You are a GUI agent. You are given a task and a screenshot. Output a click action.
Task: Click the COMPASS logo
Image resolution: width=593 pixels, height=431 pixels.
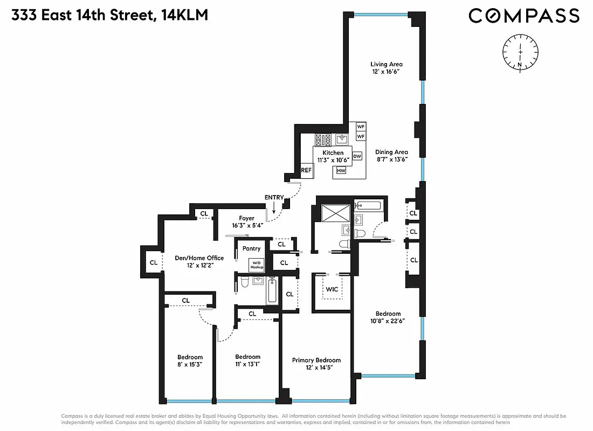(x=523, y=16)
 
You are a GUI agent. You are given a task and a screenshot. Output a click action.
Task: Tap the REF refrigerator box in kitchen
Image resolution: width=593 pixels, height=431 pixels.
(x=306, y=170)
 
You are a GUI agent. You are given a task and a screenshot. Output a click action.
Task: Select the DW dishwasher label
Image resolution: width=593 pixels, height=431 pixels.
(x=357, y=156)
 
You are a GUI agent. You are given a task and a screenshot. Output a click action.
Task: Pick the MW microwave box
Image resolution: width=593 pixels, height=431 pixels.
(x=341, y=171)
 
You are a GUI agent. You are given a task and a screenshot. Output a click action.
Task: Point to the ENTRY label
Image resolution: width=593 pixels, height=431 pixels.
(x=274, y=197)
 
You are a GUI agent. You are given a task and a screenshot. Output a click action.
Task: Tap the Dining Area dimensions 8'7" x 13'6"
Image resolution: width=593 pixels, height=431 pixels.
(x=392, y=159)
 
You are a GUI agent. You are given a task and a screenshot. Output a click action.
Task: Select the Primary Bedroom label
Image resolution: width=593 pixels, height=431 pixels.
(x=316, y=360)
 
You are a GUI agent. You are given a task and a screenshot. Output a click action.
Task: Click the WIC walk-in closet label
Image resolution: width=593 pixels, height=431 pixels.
(x=332, y=289)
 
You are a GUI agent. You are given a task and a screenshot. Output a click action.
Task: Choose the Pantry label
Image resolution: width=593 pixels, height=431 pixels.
(x=251, y=248)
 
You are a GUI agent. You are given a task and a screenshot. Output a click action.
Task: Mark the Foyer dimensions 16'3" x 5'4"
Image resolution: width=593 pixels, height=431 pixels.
(x=247, y=225)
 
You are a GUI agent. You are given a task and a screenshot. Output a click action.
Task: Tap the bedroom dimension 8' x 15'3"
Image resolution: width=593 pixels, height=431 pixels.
(x=190, y=364)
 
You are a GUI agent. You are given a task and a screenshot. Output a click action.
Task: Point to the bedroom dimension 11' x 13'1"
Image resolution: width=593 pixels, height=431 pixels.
(x=247, y=364)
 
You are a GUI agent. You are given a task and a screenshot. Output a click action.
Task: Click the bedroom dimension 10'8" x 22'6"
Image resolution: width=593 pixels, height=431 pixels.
(x=388, y=321)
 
